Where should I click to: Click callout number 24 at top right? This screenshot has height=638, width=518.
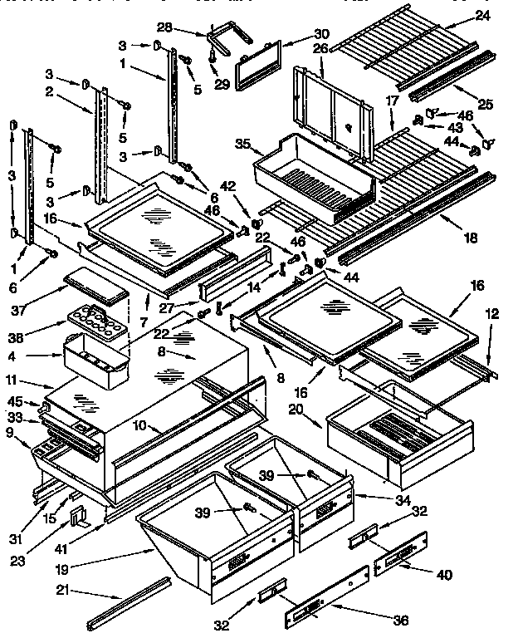point(484,14)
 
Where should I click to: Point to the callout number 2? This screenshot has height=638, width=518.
point(50,93)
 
